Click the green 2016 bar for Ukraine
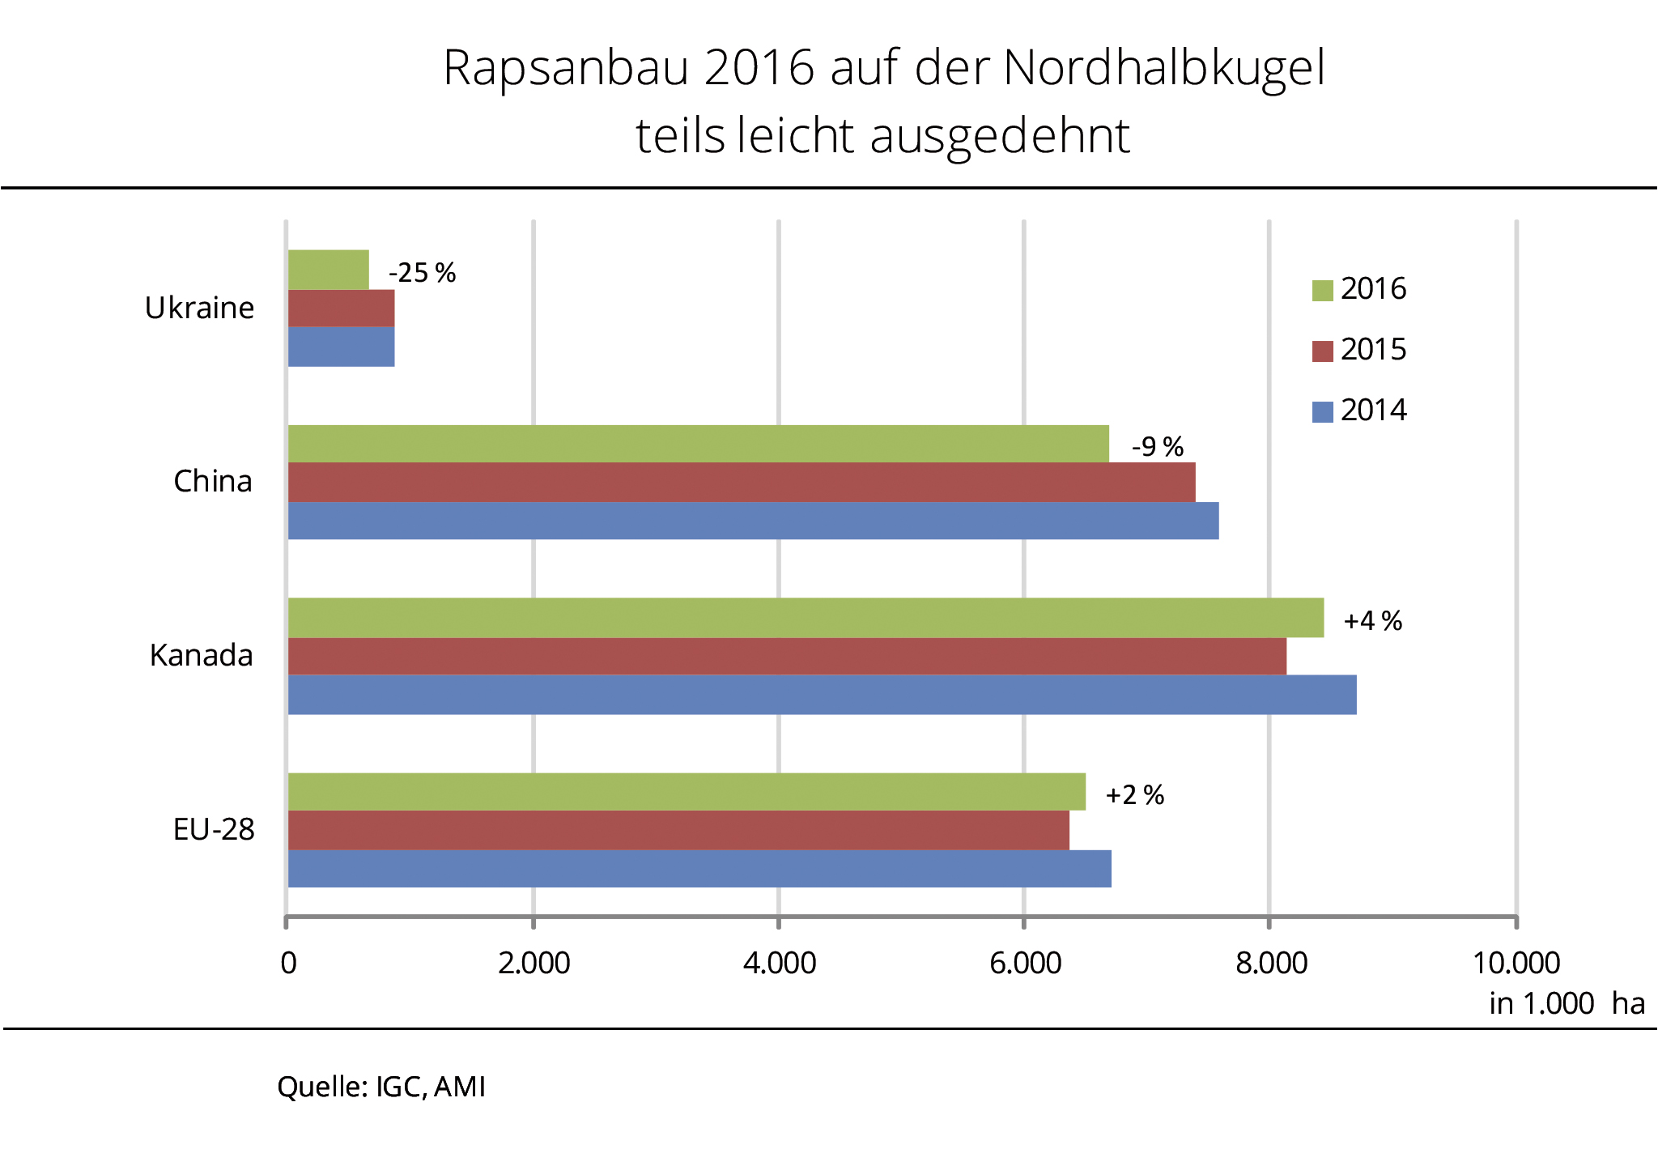pyautogui.click(x=329, y=270)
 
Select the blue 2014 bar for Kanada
pyautogui.click(x=822, y=695)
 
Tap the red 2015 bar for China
pyautogui.click(x=742, y=483)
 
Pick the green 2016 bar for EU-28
pyautogui.click(x=687, y=792)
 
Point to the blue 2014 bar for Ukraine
pyautogui.click(x=342, y=347)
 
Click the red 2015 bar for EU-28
pyautogui.click(x=678, y=830)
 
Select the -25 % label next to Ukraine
pyautogui.click(x=423, y=273)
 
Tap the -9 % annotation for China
pyautogui.click(x=1158, y=446)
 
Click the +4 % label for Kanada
pyautogui.click(x=1373, y=621)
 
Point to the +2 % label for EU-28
pyautogui.click(x=1135, y=795)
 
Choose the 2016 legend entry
pyautogui.click(x=1360, y=289)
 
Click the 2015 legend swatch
pyautogui.click(x=1322, y=351)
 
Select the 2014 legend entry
pyautogui.click(x=1360, y=411)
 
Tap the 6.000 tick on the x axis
pyautogui.click(x=1025, y=963)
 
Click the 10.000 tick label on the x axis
pyautogui.click(x=1516, y=963)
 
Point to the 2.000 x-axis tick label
pyautogui.click(x=534, y=963)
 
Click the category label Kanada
pyautogui.click(x=202, y=655)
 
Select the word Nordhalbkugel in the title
pyautogui.click(x=1164, y=67)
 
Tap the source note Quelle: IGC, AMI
pyautogui.click(x=381, y=1087)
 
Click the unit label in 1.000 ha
pyautogui.click(x=1567, y=1003)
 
